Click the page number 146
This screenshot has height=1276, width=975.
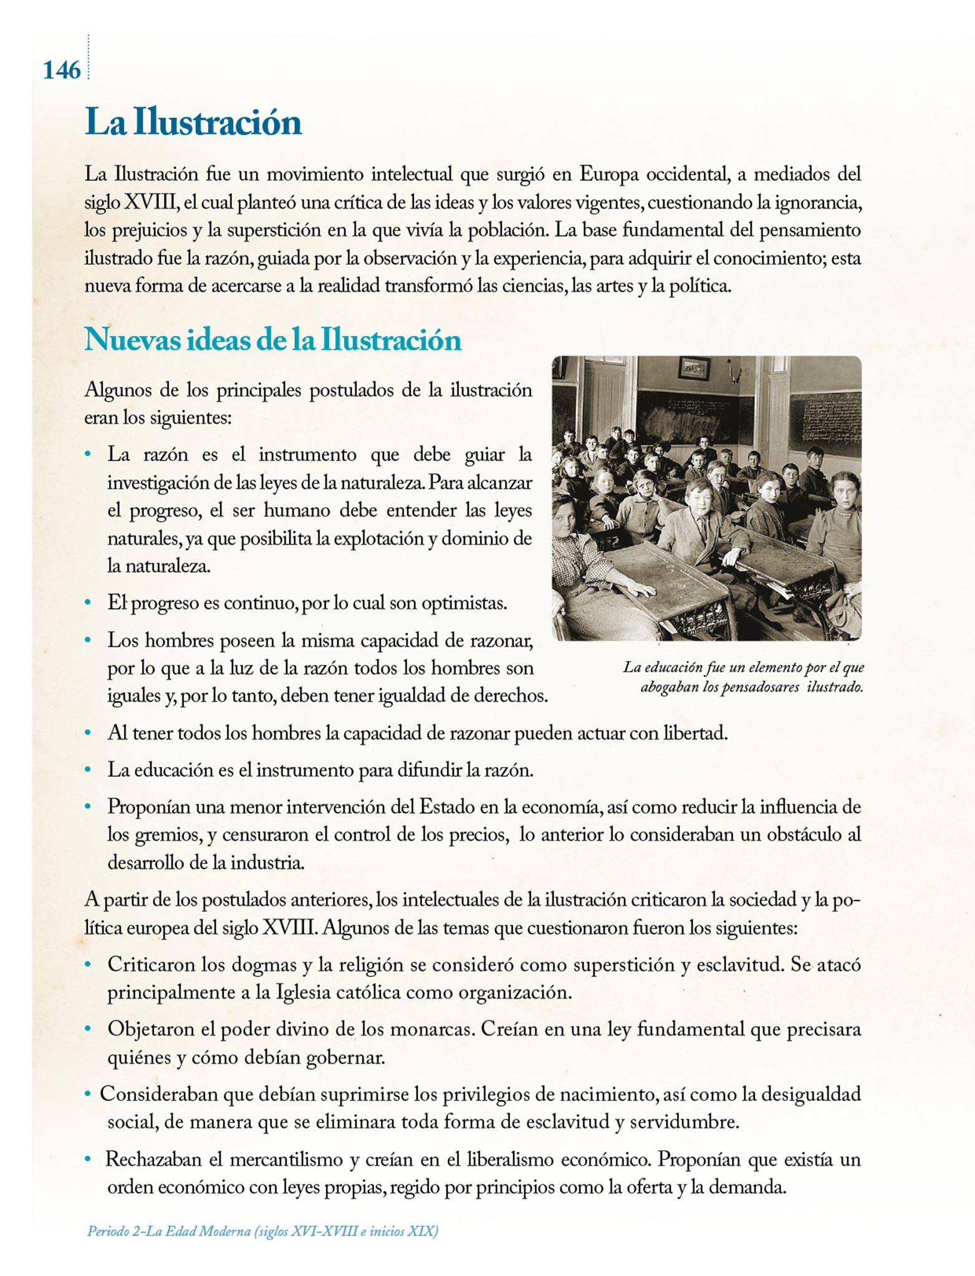[62, 70]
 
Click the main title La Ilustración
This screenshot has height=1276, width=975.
[193, 121]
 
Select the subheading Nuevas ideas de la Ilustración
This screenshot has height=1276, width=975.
[273, 340]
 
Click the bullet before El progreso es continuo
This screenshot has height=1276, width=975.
[89, 603]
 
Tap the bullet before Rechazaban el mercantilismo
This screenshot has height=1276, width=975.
[89, 1159]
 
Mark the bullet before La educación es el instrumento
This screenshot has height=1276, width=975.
[89, 770]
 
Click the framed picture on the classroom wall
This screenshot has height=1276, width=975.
[694, 368]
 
